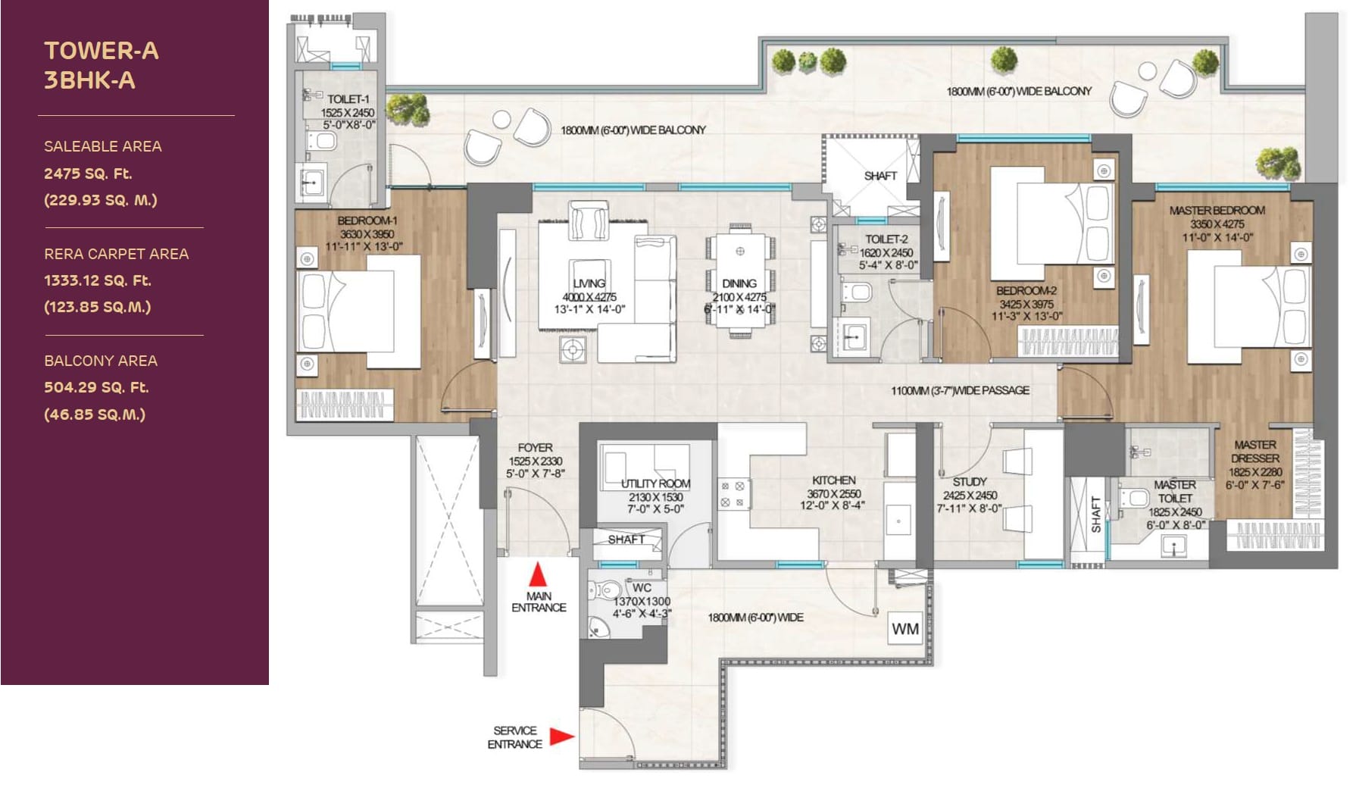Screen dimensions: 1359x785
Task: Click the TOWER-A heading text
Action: click(102, 51)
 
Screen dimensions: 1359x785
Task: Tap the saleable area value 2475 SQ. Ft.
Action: click(88, 174)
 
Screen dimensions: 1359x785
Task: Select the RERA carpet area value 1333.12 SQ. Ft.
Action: click(98, 280)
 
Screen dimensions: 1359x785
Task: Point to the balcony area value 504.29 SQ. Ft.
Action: click(96, 387)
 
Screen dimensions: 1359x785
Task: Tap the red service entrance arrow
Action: click(561, 736)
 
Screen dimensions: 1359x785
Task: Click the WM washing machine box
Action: click(905, 629)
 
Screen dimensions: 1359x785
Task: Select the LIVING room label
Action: click(589, 283)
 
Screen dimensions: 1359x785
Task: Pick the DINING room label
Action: click(739, 283)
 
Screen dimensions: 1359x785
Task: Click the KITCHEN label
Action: click(834, 480)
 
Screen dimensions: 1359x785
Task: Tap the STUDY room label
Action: click(970, 482)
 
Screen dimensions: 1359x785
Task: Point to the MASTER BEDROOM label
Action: click(1217, 211)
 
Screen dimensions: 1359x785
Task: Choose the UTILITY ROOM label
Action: click(656, 483)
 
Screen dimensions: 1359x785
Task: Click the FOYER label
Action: click(535, 448)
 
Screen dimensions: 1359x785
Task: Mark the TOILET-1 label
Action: click(348, 99)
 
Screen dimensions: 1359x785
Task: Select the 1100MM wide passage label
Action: click(961, 390)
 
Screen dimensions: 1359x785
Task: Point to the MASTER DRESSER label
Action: click(1255, 452)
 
